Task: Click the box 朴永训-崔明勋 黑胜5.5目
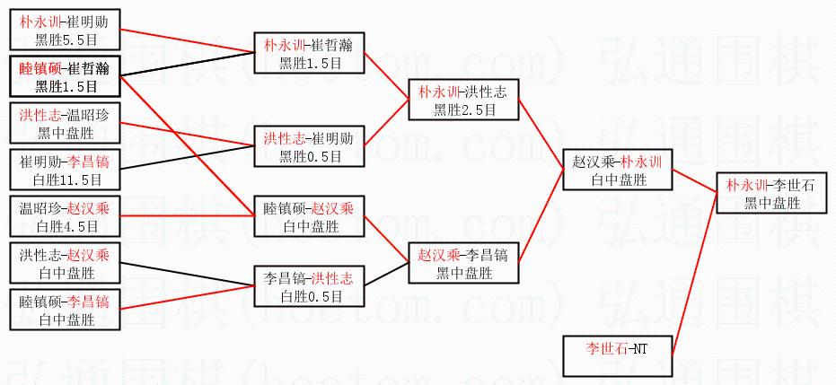63,30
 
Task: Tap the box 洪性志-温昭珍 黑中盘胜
63,124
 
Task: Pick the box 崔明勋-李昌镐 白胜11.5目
63,171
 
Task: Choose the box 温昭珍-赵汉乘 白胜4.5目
63,216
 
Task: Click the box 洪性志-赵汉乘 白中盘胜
63,263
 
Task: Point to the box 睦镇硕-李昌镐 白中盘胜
63,310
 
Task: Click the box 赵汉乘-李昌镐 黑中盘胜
463,263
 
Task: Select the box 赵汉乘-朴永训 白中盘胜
617,171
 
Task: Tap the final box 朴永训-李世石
771,193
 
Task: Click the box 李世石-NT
617,355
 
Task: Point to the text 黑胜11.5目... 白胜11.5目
63,179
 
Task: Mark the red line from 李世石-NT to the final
700,278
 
